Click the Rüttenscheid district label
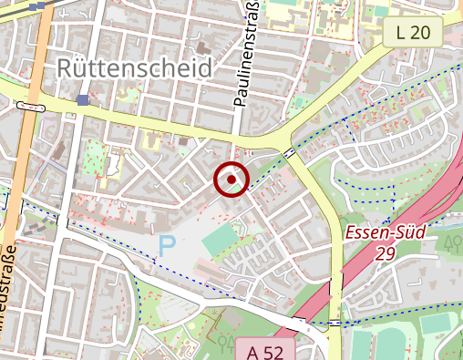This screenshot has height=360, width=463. click(134, 68)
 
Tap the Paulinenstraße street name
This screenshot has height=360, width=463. click(243, 55)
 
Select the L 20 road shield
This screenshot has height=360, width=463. click(412, 34)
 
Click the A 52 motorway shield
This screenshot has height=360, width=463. click(264, 351)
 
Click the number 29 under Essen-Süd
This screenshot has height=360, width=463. click(384, 253)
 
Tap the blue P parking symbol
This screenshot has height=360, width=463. click(167, 244)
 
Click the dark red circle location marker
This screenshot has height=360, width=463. click(231, 180)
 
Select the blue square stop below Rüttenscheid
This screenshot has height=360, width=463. click(84, 100)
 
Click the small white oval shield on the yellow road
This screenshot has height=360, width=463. click(29, 108)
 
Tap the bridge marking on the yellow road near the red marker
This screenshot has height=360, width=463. click(288, 151)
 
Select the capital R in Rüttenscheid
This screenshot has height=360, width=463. click(66, 68)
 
